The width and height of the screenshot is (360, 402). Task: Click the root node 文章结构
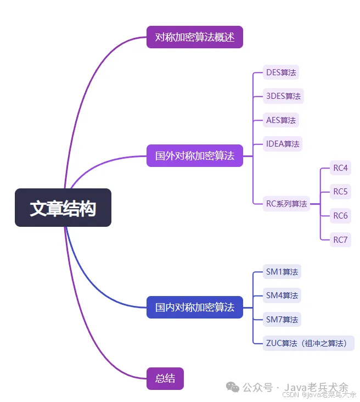point(63,208)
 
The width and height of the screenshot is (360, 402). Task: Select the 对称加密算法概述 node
point(194,37)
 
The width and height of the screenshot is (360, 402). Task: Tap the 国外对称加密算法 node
point(194,156)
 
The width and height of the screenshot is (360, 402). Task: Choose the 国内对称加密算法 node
point(194,307)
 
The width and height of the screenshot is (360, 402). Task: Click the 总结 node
point(165,378)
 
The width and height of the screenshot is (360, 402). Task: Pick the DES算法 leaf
point(281,72)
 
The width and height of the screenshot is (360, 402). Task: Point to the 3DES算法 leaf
point(283,96)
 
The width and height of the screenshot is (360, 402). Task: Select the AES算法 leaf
point(281,120)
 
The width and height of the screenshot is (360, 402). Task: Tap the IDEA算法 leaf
point(283,144)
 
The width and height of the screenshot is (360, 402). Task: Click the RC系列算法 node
point(286,204)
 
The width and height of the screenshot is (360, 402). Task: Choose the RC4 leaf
point(340,168)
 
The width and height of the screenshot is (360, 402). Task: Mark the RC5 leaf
point(340,192)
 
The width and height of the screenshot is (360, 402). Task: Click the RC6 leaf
point(340,216)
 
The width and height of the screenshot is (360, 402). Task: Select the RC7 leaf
point(340,239)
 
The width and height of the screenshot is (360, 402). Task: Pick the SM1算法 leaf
point(282,272)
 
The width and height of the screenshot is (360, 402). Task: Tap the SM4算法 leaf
point(282,295)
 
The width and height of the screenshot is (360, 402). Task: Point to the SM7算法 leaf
point(282,320)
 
